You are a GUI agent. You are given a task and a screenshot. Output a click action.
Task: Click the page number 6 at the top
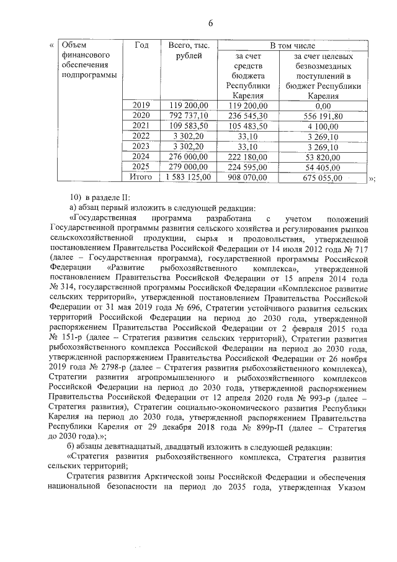click(210, 23)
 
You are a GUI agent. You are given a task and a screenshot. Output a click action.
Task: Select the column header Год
click(141, 46)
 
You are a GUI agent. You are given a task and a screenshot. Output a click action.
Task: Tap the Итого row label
click(141, 178)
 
